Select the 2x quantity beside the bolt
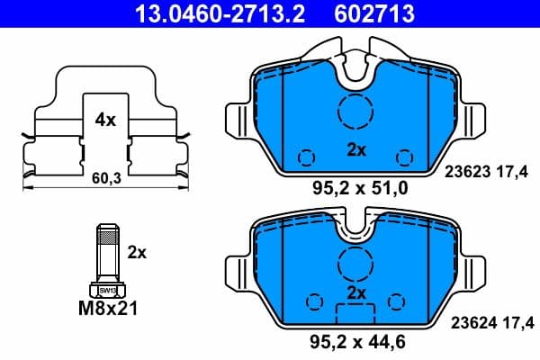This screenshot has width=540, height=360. coord(137,253)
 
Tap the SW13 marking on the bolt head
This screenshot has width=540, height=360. coord(106,291)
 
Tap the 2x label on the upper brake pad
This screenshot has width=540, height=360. coord(356,150)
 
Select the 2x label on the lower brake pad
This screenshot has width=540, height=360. coord(356,293)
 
